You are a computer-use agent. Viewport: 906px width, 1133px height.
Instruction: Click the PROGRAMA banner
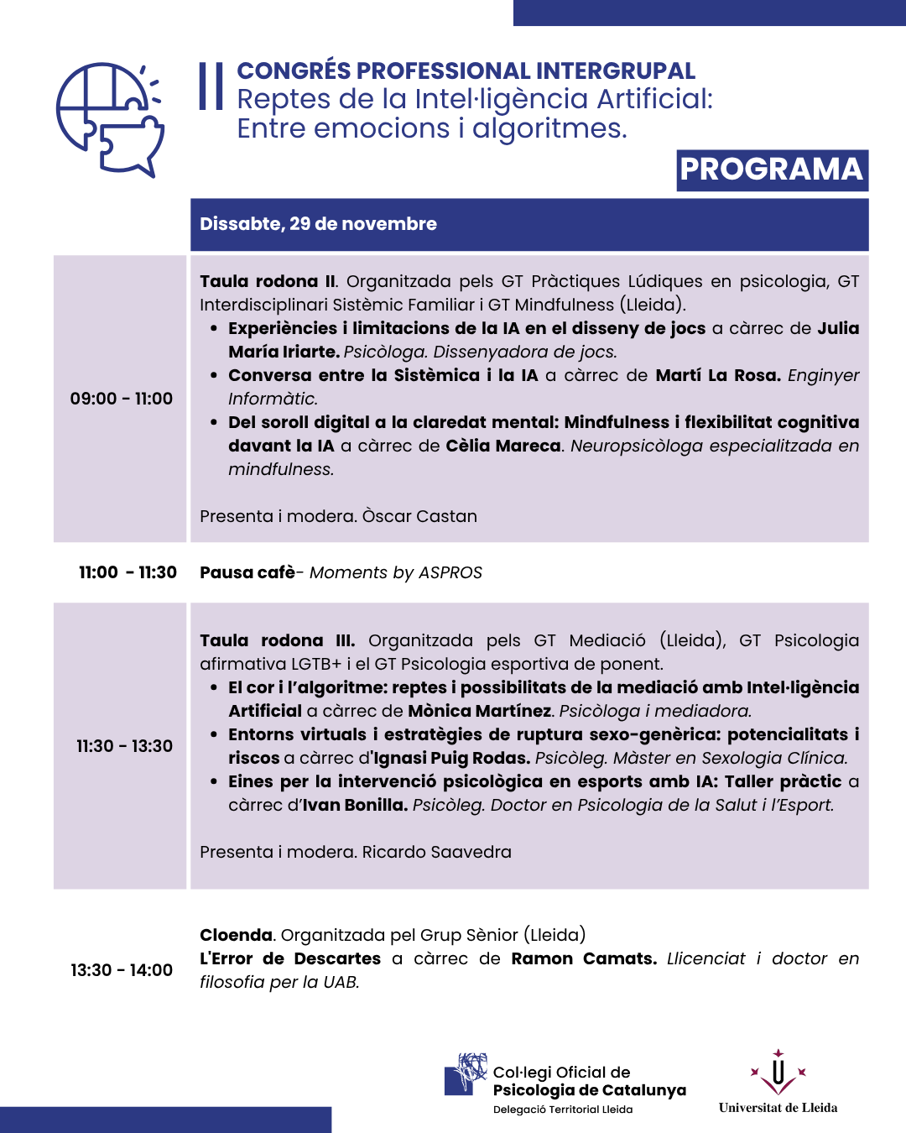pos(772,170)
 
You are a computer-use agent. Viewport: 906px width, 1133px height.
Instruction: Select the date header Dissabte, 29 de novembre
pos(318,224)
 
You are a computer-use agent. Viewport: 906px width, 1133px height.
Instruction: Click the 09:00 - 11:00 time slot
pos(122,399)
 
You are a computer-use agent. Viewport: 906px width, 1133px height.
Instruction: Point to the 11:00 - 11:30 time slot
pos(128,572)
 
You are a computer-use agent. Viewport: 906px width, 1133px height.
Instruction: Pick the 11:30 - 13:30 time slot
pos(124,746)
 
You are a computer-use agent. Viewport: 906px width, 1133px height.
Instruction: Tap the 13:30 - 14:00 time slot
pos(122,970)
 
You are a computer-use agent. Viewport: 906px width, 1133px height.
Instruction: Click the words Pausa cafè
pos(247,572)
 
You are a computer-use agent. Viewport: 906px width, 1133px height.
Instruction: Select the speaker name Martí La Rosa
pos(717,375)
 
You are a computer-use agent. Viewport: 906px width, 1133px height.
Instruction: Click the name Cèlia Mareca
pos(503,446)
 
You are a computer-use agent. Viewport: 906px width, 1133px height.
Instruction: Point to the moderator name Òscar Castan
pos(419,516)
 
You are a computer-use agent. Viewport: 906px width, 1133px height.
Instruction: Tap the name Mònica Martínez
pos(480,711)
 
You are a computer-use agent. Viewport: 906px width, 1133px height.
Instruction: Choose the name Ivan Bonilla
pos(355,805)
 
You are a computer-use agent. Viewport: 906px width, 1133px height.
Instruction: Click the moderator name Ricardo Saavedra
pos(436,852)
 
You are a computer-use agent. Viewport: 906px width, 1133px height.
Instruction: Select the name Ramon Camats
pos(584,958)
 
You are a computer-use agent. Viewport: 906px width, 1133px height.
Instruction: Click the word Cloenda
pos(237,935)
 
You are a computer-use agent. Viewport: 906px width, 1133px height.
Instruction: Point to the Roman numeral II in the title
pos(211,86)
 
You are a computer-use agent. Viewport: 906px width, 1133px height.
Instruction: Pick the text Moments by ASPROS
pos(396,572)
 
